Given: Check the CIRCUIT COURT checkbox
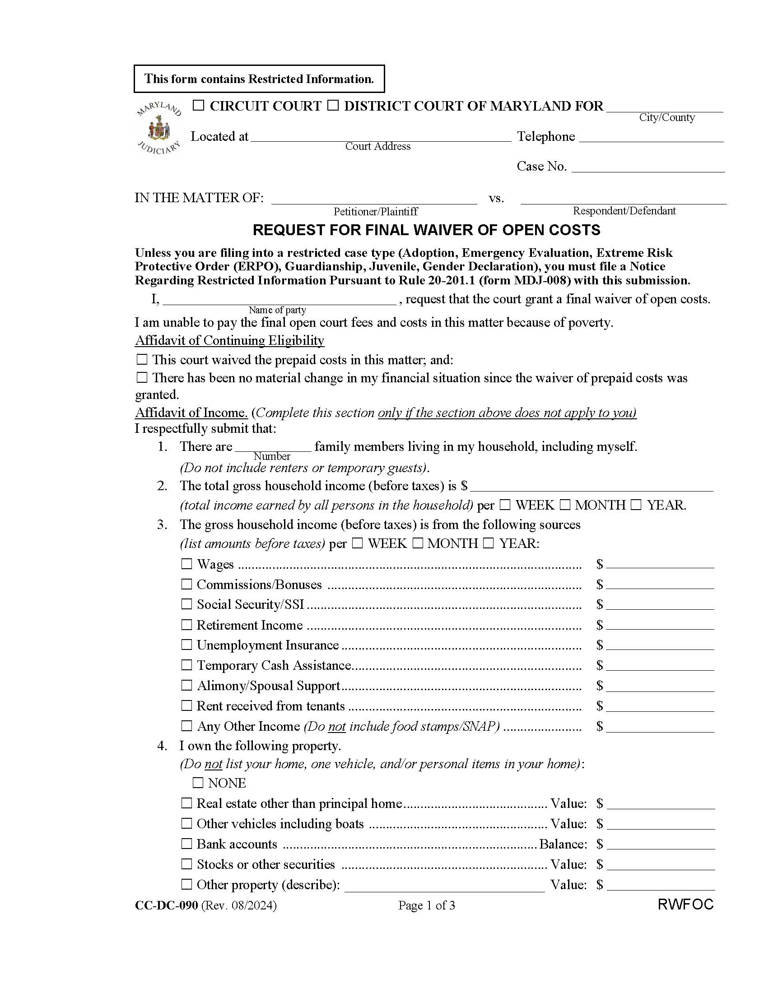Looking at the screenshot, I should tap(198, 106).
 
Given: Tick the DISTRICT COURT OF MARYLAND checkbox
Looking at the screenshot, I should tap(333, 106).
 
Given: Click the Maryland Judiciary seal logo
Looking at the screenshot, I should tap(158, 128).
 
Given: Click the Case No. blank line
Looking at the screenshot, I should tap(648, 167).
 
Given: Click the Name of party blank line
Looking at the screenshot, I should tap(279, 301).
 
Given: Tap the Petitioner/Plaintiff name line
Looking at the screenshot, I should tap(374, 199).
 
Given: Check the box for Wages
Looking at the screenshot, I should tap(186, 564).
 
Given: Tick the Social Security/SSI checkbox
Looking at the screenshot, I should tap(186, 604).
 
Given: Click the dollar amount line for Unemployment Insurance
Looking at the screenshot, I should tap(660, 645).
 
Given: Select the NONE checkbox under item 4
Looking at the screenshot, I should tap(198, 783).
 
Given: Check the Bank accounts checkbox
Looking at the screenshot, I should tap(186, 844).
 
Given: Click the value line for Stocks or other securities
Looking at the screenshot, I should tap(660, 864).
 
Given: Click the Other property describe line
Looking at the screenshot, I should tap(444, 885).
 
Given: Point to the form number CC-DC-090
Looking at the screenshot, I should tap(166, 905).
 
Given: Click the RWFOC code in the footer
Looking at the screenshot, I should tap(685, 905).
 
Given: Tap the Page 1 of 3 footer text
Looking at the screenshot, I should tap(426, 905).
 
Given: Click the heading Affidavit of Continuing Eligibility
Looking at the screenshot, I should tap(229, 340).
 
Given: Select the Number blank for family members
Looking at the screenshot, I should tap(273, 447).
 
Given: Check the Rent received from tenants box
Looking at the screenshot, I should tap(186, 706).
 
